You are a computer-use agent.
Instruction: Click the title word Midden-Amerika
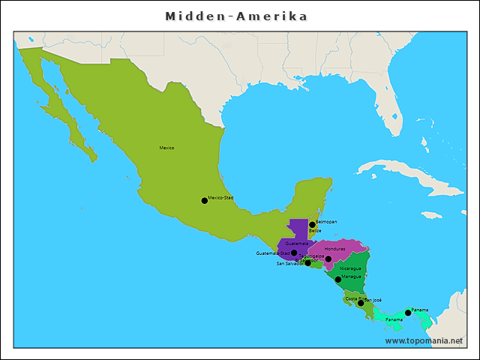pyautogui.click(x=236, y=16)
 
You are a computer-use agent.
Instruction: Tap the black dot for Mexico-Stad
pyautogui.click(x=204, y=200)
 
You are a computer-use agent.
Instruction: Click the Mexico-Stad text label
pyautogui.click(x=221, y=198)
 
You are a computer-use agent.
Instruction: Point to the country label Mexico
pyautogui.click(x=166, y=148)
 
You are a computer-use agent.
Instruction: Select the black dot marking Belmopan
pyautogui.click(x=312, y=225)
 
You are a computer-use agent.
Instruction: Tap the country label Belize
pyautogui.click(x=315, y=231)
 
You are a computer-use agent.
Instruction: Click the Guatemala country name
pyautogui.click(x=296, y=243)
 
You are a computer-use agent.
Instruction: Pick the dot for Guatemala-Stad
pyautogui.click(x=294, y=253)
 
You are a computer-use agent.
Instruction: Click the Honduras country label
pyautogui.click(x=334, y=249)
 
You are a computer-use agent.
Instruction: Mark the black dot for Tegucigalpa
pyautogui.click(x=328, y=259)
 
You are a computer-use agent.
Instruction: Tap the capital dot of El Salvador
pyautogui.click(x=307, y=263)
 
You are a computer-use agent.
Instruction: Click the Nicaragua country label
pyautogui.click(x=349, y=268)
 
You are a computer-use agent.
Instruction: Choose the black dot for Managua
pyautogui.click(x=338, y=280)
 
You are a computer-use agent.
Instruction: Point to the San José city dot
pyautogui.click(x=361, y=304)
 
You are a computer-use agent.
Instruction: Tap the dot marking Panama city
pyautogui.click(x=408, y=313)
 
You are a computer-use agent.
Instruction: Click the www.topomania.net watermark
pyautogui.click(x=424, y=340)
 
